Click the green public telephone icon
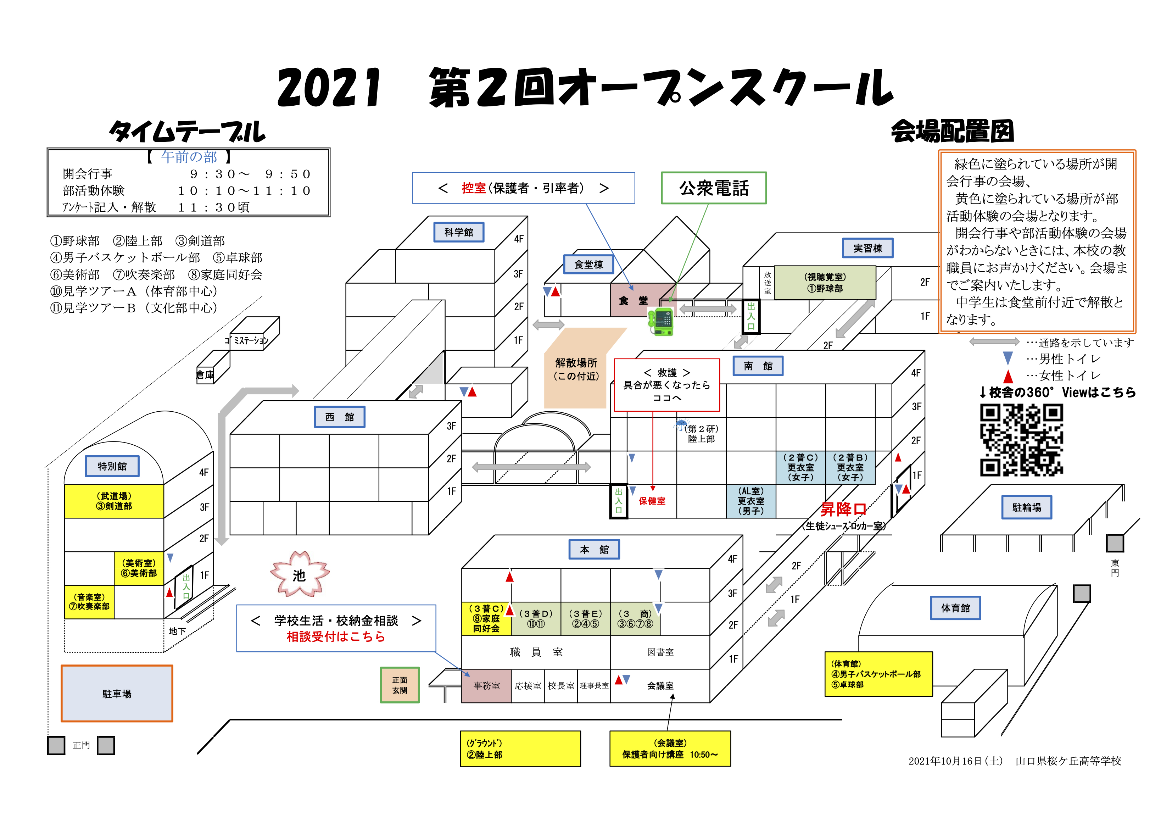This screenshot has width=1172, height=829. (661, 322)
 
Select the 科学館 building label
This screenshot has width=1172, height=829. (459, 232)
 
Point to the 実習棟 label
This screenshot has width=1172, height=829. (868, 249)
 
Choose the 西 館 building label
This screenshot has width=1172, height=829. (340, 417)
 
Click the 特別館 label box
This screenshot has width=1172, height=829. (112, 466)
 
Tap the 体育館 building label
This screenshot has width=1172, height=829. (955, 608)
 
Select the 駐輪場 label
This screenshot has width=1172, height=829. (1027, 507)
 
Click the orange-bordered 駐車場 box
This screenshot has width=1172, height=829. (117, 694)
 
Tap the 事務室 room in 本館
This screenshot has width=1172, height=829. (486, 685)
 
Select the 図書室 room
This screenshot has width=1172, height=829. (660, 652)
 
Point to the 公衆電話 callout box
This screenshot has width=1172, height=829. (714, 188)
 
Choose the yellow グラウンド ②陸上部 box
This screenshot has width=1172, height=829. (520, 749)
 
